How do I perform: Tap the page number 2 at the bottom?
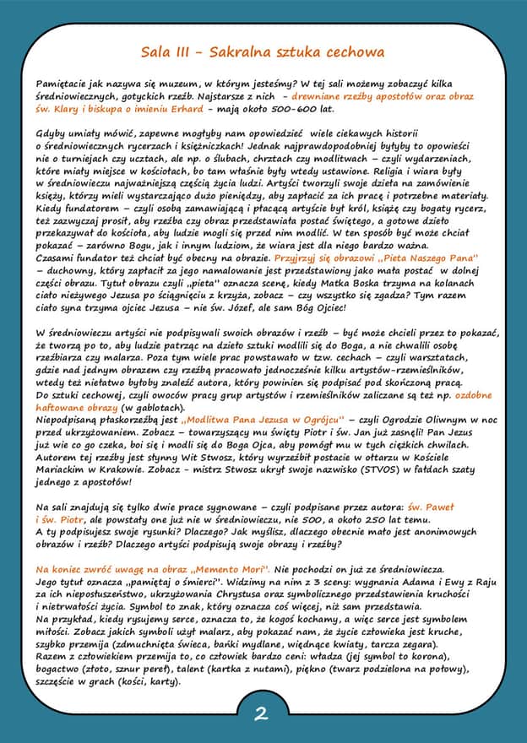tap(262, 713)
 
